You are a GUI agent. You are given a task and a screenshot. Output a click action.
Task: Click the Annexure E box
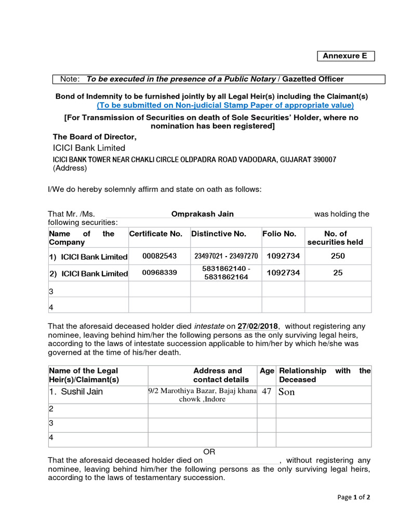[x=345, y=56]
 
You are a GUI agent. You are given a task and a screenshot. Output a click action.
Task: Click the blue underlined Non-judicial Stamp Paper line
[x=225, y=105]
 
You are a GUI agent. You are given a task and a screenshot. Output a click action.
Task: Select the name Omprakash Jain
[x=203, y=214]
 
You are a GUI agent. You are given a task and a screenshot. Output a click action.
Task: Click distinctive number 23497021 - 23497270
[x=226, y=256]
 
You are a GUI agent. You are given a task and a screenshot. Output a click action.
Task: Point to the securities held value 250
[x=338, y=256]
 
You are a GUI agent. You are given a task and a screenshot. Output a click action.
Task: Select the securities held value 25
[x=338, y=273]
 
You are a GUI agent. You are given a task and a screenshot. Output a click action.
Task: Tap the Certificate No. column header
[x=156, y=234]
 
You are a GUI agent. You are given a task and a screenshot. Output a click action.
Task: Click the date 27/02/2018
[x=258, y=326]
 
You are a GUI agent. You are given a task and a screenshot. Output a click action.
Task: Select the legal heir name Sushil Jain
[x=82, y=392]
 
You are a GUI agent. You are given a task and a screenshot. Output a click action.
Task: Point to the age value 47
[x=267, y=392]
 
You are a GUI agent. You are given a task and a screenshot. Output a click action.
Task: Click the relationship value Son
[x=287, y=392]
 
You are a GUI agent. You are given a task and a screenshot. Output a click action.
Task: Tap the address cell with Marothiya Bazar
[x=203, y=395]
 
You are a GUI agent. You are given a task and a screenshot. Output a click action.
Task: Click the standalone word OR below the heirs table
[x=209, y=452]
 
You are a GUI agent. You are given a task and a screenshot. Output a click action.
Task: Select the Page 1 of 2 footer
[x=354, y=497]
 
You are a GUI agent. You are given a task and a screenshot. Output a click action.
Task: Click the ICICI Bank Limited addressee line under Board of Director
[x=89, y=148]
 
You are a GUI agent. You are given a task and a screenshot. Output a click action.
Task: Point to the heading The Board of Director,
[x=95, y=137]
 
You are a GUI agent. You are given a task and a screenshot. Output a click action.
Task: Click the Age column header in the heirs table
[x=267, y=371]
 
